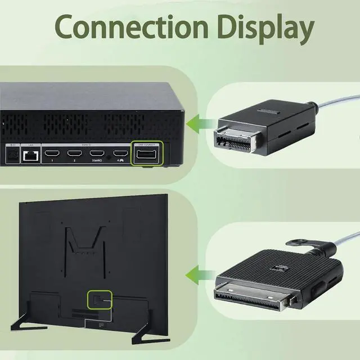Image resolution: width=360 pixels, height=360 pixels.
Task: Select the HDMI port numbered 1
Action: (x=52, y=153)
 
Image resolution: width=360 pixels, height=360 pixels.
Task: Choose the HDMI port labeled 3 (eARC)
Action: (x=97, y=153)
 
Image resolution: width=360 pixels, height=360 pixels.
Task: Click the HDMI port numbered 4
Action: (x=119, y=153)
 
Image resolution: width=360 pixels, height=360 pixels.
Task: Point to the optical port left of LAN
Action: (x=11, y=154)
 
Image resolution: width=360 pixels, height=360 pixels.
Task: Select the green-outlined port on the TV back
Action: (x=100, y=299)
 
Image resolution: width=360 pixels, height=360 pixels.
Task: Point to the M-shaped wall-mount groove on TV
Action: (x=84, y=239)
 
